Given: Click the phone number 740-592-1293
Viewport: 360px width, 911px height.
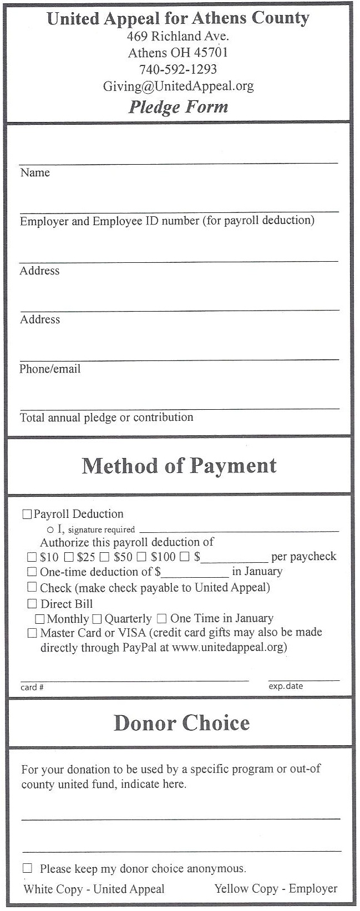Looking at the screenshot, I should [x=178, y=69].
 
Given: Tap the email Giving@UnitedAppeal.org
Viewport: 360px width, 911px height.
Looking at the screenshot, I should [x=178, y=86].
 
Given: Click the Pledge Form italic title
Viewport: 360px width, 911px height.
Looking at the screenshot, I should [x=178, y=106].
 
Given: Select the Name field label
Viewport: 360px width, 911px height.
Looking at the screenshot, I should [x=35, y=173].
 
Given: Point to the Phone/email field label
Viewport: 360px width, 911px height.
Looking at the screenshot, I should [x=50, y=369].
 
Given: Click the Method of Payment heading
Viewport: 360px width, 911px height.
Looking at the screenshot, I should [x=179, y=466].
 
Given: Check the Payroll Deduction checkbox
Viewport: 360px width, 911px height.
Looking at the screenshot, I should [x=27, y=515].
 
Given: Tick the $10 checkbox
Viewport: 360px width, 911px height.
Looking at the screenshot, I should [x=32, y=557].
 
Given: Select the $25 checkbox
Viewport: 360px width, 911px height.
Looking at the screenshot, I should [x=69, y=557].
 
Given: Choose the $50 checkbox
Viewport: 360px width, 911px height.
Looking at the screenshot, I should [x=104, y=557].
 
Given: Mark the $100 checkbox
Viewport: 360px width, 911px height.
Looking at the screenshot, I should [x=142, y=557].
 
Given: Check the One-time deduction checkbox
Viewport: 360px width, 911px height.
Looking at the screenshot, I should [x=32, y=572].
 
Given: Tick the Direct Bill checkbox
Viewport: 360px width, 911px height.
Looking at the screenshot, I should [x=32, y=604].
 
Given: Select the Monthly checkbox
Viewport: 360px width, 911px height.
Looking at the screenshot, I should [x=40, y=619].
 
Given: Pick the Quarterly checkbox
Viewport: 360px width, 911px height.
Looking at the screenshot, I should [x=97, y=619].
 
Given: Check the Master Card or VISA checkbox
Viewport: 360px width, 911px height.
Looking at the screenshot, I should [x=32, y=633].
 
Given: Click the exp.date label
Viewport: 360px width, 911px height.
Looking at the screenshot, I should [x=286, y=686].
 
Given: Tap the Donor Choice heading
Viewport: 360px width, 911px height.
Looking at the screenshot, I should [x=181, y=723].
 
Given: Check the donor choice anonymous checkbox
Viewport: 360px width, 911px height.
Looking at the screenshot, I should [x=27, y=868].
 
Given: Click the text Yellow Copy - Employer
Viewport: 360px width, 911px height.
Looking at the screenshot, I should [x=276, y=889].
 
